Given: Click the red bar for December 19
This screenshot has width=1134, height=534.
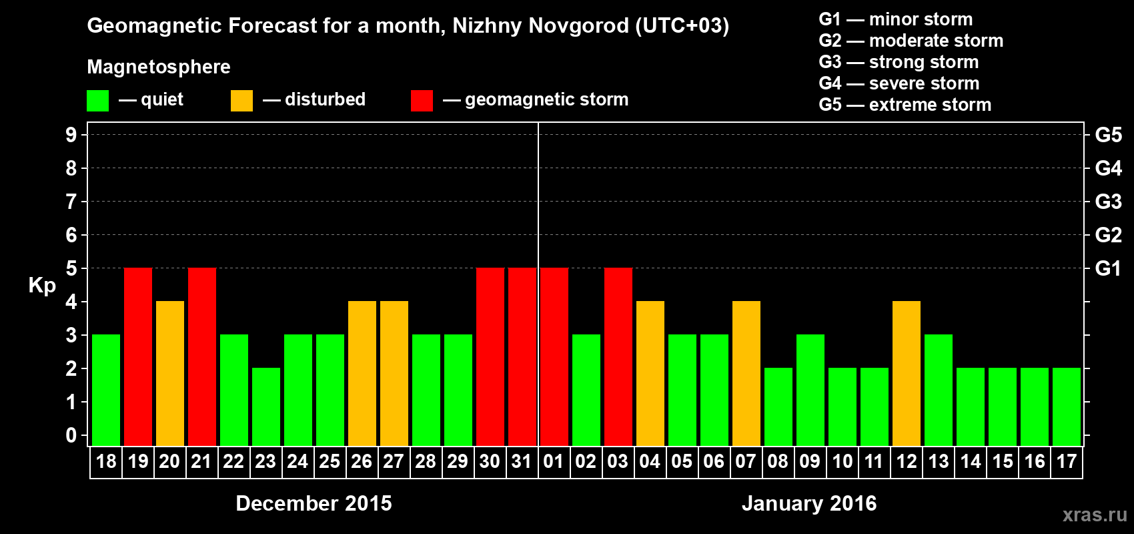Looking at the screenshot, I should click(x=138, y=356).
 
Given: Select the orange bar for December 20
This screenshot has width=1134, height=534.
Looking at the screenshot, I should click(x=170, y=373).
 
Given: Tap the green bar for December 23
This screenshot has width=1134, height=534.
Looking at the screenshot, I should click(x=266, y=407).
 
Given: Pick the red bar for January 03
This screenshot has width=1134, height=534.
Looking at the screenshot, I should click(x=618, y=356).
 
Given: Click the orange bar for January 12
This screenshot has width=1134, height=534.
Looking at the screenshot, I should click(x=907, y=373).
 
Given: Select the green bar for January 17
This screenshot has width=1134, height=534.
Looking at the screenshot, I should click(x=1067, y=407).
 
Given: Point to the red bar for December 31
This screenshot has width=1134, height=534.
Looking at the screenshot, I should click(x=522, y=356).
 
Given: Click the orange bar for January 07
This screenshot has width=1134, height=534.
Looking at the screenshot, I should click(x=746, y=373).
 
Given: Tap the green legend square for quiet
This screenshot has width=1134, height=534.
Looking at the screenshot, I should click(x=98, y=101).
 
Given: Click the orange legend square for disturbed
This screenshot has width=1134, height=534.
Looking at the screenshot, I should click(x=241, y=101).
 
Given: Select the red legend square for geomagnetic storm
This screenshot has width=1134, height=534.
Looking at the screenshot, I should click(x=422, y=101).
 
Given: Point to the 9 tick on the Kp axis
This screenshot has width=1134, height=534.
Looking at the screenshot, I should click(x=71, y=135).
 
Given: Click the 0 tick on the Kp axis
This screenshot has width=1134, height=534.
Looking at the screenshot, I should click(x=71, y=436).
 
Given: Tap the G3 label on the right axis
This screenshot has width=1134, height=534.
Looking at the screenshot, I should click(x=1108, y=202).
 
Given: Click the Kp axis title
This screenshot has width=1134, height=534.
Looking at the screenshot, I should click(x=42, y=286).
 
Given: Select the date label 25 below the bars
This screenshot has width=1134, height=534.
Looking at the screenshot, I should click(x=330, y=462).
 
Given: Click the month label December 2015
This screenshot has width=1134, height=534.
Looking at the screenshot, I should click(x=314, y=503).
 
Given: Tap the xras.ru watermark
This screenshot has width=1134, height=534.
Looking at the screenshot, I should click(x=1095, y=515).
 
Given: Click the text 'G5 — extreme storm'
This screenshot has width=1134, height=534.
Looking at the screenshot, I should click(x=905, y=105).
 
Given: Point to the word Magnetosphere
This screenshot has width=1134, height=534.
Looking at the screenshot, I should click(x=159, y=67).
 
